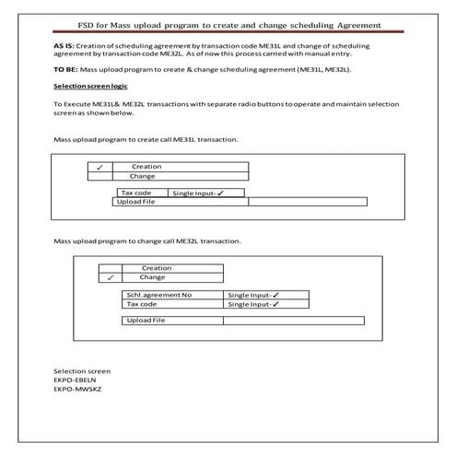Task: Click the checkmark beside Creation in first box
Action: [x=99, y=167]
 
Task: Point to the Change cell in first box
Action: [x=143, y=176]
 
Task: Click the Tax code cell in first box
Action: [x=137, y=193]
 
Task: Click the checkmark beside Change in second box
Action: [x=110, y=277]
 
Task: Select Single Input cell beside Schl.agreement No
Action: [x=253, y=296]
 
